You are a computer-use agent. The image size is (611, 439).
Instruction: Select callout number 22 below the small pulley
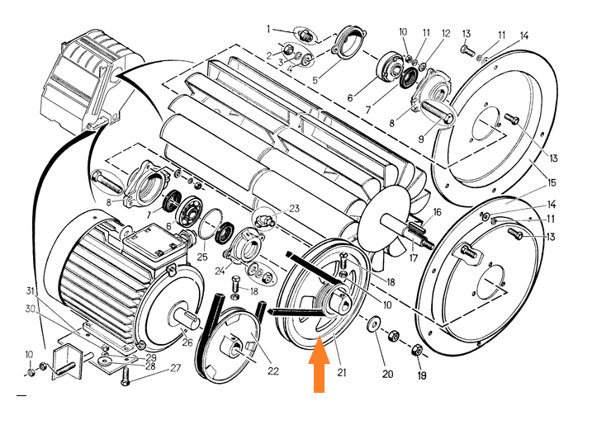pyautogui.click(x=273, y=370)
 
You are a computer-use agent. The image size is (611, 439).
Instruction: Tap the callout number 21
pyautogui.click(x=341, y=372)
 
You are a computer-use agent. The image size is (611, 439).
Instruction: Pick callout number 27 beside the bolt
pyautogui.click(x=175, y=367)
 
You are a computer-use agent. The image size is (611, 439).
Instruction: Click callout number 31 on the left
pyautogui.click(x=31, y=290)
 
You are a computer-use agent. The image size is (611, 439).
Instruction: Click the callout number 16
pyautogui.click(x=438, y=212)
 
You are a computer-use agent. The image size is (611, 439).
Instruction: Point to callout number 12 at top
pyautogui.click(x=446, y=34)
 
